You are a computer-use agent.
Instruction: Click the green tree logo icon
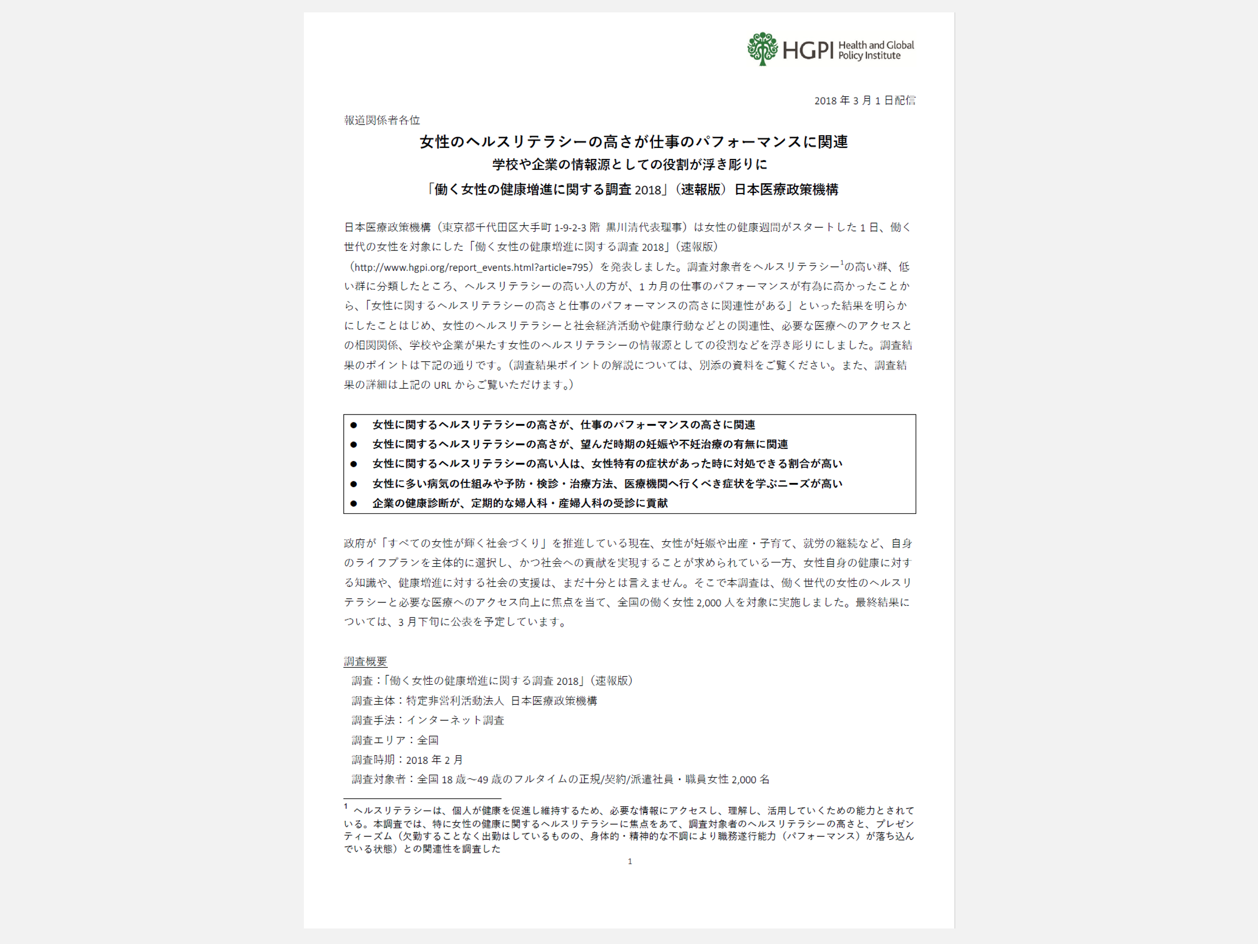click(x=762, y=49)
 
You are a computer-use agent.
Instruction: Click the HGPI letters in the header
click(x=808, y=51)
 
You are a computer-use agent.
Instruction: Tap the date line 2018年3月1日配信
click(x=865, y=100)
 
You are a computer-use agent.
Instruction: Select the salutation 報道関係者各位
click(x=382, y=120)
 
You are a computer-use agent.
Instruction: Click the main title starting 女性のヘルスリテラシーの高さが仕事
click(x=634, y=142)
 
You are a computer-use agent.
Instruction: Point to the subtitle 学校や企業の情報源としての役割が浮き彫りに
click(x=630, y=165)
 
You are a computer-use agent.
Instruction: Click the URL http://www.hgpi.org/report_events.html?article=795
click(x=471, y=267)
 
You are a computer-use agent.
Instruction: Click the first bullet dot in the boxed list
click(x=354, y=425)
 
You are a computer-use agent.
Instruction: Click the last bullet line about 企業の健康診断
click(x=519, y=503)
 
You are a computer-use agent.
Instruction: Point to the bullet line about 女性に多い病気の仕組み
click(x=607, y=484)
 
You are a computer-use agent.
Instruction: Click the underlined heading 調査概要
click(x=365, y=661)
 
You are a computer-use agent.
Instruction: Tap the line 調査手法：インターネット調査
click(x=428, y=720)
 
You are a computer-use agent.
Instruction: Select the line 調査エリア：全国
click(x=394, y=741)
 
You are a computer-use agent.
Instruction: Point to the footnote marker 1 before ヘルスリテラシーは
click(x=346, y=807)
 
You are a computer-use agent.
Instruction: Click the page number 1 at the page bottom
click(x=630, y=862)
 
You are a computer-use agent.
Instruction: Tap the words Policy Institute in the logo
click(x=869, y=56)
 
